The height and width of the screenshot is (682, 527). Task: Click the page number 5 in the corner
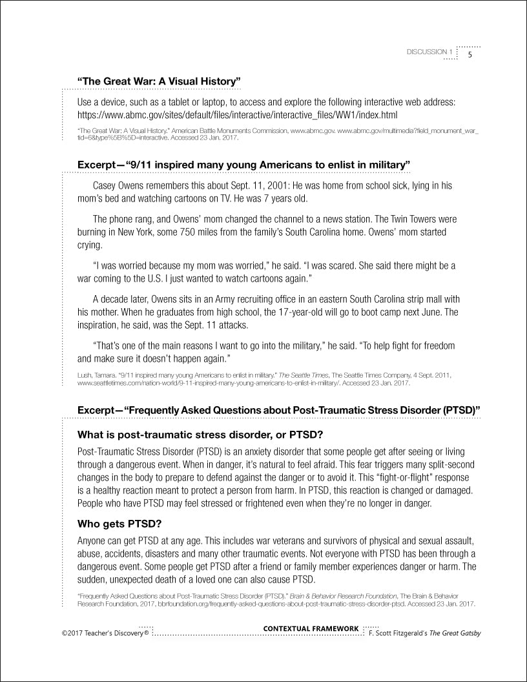tap(470, 54)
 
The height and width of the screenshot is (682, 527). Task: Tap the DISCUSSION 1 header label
tap(429, 52)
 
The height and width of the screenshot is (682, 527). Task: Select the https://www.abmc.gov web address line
tap(237, 114)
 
